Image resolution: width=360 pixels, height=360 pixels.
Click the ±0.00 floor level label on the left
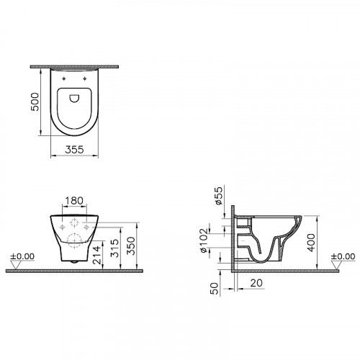point(20,256)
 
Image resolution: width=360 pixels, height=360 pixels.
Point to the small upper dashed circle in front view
point(74,222)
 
